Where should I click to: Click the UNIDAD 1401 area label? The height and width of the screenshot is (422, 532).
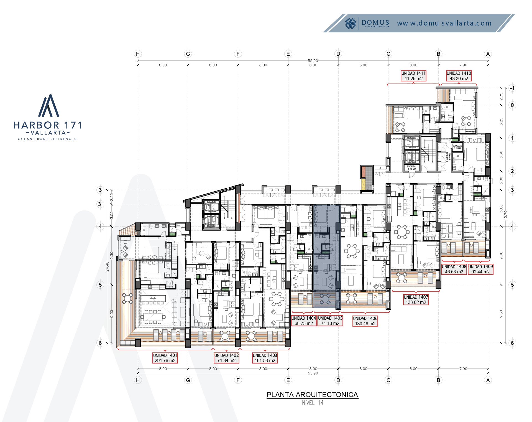165,358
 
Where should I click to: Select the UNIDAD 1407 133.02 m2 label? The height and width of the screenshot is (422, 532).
416,299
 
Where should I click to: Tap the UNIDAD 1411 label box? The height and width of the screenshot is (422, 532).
413,76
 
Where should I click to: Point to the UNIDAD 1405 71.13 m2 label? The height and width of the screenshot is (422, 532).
330,321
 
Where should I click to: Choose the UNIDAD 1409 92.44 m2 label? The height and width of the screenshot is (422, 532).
481,269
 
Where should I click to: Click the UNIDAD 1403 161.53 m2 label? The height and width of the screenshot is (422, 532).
265,358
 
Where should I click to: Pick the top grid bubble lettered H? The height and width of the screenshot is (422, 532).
138,54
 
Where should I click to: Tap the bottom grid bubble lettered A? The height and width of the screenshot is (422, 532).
488,380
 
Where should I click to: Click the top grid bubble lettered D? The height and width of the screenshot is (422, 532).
338,54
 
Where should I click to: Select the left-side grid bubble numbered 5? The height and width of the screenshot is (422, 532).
100,285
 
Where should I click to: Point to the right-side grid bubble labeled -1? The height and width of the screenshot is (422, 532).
512,88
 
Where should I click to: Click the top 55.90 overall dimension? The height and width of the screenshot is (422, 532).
313,61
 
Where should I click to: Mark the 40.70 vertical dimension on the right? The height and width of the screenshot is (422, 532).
505,215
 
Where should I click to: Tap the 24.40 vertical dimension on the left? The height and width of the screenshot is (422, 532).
107,266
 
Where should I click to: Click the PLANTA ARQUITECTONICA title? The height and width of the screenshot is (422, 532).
312,395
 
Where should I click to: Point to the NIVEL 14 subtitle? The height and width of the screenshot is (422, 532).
313,403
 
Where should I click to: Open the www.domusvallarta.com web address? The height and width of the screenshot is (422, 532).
444,23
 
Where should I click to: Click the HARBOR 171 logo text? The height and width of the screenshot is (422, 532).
48,125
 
